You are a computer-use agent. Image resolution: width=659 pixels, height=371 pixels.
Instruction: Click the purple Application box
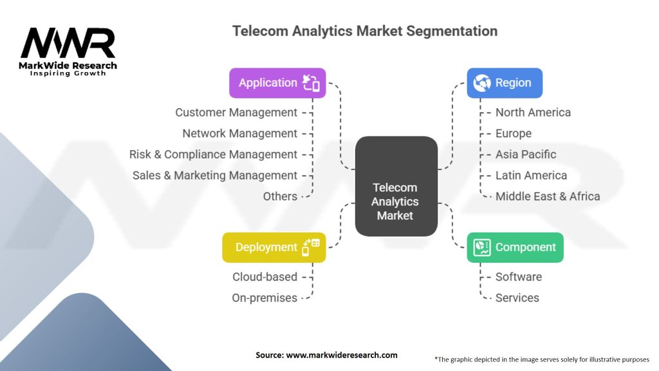[277, 83]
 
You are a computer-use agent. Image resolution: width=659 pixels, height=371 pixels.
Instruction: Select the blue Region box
[505, 83]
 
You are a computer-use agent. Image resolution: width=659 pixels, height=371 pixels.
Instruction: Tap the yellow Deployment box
[274, 247]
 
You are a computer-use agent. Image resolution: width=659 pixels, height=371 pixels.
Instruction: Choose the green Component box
[515, 247]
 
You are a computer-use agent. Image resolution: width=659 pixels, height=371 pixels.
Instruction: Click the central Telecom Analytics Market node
[396, 186]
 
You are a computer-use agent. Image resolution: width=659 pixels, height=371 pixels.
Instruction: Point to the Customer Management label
[236, 112]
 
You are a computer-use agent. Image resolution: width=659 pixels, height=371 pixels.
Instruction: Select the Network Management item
[239, 133]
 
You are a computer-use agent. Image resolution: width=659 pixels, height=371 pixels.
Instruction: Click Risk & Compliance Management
[213, 155]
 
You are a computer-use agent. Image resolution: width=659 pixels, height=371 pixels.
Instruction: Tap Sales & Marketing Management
[215, 175]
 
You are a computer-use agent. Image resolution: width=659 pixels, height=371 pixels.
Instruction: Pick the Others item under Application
[280, 196]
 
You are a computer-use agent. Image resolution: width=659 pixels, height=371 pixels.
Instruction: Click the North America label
[533, 112]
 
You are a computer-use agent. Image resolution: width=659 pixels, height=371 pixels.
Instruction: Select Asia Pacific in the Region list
[525, 155]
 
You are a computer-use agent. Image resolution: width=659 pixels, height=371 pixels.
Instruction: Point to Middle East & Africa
[548, 196]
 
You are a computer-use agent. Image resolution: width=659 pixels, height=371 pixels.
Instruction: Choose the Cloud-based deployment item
[265, 277]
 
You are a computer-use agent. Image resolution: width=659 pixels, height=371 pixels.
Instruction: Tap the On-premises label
[265, 298]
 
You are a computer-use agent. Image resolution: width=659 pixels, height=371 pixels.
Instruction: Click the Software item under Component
[519, 277]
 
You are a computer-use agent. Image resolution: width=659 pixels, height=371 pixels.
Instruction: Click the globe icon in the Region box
[481, 83]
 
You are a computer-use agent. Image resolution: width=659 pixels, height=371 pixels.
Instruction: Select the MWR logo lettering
[68, 43]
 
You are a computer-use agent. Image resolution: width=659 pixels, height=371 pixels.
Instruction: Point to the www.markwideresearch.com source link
[342, 355]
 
